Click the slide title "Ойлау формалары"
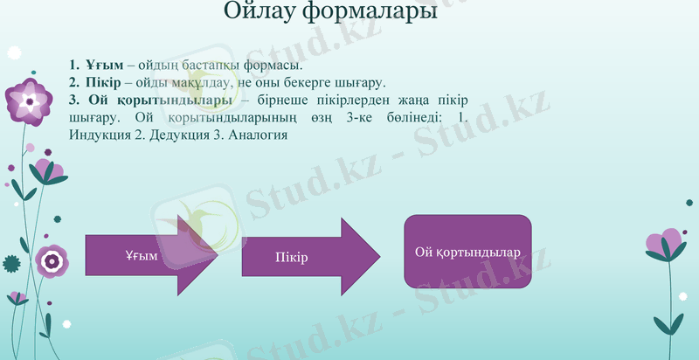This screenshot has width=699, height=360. click(x=329, y=12)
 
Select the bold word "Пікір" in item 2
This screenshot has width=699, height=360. click(x=104, y=83)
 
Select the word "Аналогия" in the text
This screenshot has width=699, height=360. click(x=258, y=135)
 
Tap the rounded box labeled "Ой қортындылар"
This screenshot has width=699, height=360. click(x=467, y=252)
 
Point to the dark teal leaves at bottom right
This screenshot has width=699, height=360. click(x=669, y=323)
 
